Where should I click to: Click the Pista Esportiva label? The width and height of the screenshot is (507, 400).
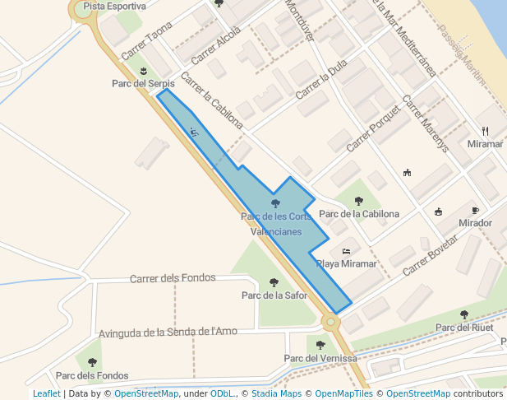[x=114, y=6]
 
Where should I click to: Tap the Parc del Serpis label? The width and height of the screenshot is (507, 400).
[x=143, y=83]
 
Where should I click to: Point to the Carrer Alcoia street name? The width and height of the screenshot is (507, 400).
[x=216, y=39]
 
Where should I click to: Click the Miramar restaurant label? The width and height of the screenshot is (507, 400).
[x=485, y=144]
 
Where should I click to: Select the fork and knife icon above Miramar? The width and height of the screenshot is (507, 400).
[x=485, y=131]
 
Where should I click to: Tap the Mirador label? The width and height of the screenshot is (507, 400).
[x=476, y=223]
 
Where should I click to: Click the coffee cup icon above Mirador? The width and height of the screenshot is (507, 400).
[x=475, y=211]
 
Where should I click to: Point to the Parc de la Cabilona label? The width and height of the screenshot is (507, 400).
[x=359, y=214]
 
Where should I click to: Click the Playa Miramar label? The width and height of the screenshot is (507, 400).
[x=346, y=264]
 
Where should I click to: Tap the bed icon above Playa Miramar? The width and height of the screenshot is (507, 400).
[x=346, y=251]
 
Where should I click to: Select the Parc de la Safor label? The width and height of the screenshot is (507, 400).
[x=274, y=295]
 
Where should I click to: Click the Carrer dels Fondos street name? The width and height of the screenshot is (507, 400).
[x=173, y=278]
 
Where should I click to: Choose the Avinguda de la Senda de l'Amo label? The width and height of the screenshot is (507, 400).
[x=168, y=333]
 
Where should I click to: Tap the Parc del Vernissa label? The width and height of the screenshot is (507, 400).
[x=320, y=358]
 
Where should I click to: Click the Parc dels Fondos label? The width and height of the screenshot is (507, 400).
[x=92, y=375]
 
